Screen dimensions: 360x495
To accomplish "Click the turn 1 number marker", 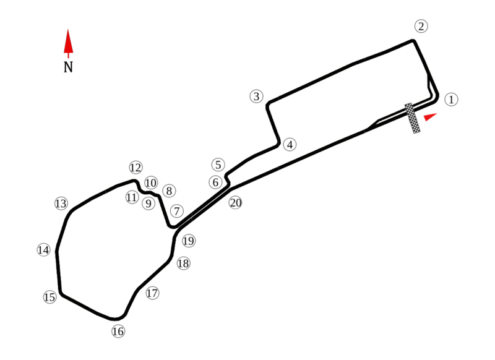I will click(451, 99).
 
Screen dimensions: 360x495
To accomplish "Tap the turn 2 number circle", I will click(421, 26).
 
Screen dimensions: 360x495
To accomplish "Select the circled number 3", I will click(257, 96).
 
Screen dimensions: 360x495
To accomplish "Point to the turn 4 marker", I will click(290, 145).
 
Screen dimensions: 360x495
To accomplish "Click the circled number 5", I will click(217, 165).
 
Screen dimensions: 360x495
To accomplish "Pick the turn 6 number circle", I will click(215, 182).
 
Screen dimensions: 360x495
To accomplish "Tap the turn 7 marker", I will click(177, 211).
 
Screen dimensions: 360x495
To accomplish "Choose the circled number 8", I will click(170, 191).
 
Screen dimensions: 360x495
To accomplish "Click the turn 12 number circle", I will click(136, 167).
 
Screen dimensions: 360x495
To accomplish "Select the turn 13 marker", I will click(60, 204).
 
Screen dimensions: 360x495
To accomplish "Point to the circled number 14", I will click(43, 250).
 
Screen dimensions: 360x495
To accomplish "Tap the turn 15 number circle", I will click(50, 298).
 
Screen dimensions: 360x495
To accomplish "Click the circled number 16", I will click(118, 332).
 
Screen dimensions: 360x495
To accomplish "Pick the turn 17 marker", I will click(152, 293).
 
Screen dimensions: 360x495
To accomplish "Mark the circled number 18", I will click(183, 264).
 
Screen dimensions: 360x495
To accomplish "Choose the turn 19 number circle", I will click(188, 241).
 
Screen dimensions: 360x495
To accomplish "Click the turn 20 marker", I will click(235, 202).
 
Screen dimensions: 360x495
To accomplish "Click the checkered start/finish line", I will click(413, 118).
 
